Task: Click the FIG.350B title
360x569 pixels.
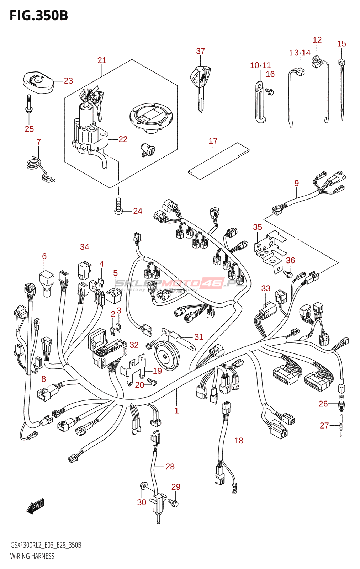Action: click(x=39, y=16)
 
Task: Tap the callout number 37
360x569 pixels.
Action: click(x=201, y=51)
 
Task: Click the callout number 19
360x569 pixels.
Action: click(x=157, y=371)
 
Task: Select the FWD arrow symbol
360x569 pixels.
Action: click(x=35, y=506)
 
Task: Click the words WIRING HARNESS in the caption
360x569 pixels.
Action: click(x=32, y=556)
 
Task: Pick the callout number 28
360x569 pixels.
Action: click(x=170, y=467)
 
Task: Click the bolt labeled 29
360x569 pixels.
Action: click(x=174, y=503)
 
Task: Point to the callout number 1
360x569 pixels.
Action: click(x=176, y=411)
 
